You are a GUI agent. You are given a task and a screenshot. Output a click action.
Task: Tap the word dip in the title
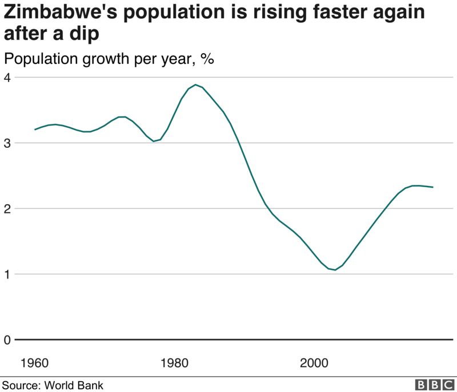pyautogui.click(x=85, y=34)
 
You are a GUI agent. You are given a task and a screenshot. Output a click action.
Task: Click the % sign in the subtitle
pyautogui.click(x=207, y=59)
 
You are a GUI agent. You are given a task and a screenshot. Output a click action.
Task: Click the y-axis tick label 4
pyautogui.click(x=7, y=77)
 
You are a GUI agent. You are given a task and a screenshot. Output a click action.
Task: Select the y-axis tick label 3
pyautogui.click(x=7, y=143)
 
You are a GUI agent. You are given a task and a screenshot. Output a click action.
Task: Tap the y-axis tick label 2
pyautogui.click(x=7, y=208)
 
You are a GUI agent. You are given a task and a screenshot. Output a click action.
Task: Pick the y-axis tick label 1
pyautogui.click(x=7, y=274)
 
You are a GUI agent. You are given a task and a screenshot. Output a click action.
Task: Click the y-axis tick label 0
pyautogui.click(x=7, y=340)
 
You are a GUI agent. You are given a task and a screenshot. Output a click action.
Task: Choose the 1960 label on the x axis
pyautogui.click(x=34, y=363)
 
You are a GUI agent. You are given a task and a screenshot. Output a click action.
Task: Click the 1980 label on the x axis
pyautogui.click(x=174, y=363)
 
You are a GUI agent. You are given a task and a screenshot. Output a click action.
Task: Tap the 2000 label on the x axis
pyautogui.click(x=314, y=363)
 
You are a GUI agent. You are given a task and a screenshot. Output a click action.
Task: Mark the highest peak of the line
pyautogui.click(x=195, y=84)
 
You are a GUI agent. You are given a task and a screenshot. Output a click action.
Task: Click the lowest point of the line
pyautogui.click(x=335, y=269)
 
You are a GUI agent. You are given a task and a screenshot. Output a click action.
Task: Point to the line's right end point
pyautogui.click(x=432, y=187)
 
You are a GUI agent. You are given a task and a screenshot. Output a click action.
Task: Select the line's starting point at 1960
pyautogui.click(x=35, y=130)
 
